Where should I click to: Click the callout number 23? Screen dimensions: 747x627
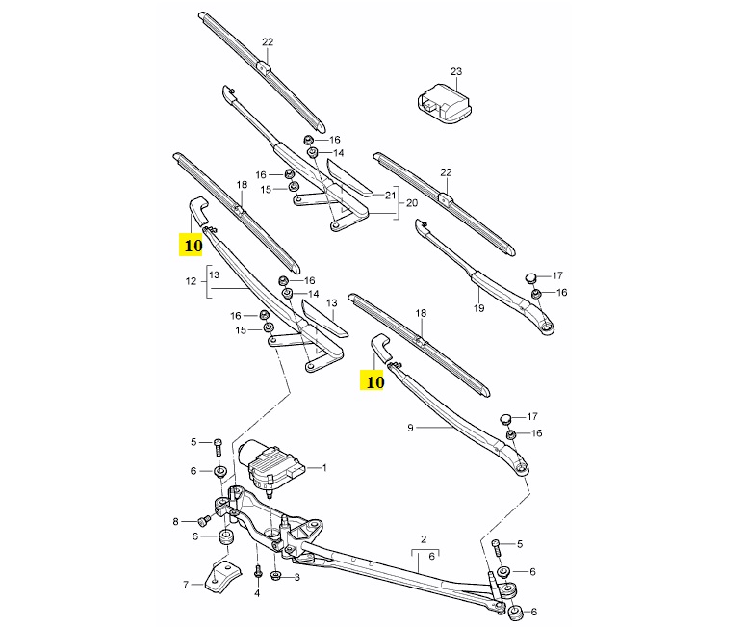(456, 71)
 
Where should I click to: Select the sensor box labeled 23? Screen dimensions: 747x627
(446, 104)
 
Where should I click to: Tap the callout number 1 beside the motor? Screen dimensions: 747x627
(325, 468)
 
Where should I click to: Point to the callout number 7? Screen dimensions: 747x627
(186, 585)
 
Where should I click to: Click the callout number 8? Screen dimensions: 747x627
(175, 522)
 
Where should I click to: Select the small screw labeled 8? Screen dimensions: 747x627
(205, 521)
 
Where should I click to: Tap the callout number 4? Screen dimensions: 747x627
(257, 593)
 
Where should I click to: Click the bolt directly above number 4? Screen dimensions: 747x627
(258, 571)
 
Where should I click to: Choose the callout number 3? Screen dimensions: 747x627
(297, 578)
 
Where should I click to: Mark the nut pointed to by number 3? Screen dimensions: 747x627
(275, 576)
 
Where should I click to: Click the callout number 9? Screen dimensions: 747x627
(411, 428)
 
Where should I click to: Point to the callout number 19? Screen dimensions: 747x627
(478, 308)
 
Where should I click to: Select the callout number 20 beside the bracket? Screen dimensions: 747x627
(412, 203)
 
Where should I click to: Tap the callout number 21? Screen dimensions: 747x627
(391, 195)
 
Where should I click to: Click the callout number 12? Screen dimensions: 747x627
(191, 281)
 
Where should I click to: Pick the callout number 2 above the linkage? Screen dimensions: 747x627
(424, 539)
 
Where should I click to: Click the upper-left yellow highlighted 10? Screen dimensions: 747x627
(192, 245)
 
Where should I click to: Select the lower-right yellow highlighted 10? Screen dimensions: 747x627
(373, 381)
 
